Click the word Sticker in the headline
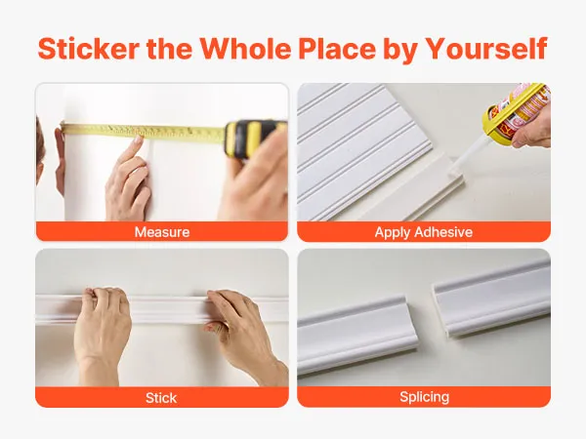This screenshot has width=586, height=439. (x=89, y=49)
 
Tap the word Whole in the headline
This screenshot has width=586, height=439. (x=245, y=49)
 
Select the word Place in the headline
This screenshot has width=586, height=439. (x=337, y=49)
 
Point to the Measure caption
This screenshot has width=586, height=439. (x=162, y=232)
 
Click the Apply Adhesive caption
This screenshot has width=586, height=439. (x=424, y=232)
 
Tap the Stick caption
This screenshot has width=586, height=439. (x=161, y=398)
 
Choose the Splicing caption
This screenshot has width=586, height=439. (x=424, y=396)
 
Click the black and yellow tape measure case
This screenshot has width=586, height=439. (x=254, y=138)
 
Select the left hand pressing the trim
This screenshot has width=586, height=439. (x=101, y=329)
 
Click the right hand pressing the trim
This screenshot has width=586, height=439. (x=243, y=333)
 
